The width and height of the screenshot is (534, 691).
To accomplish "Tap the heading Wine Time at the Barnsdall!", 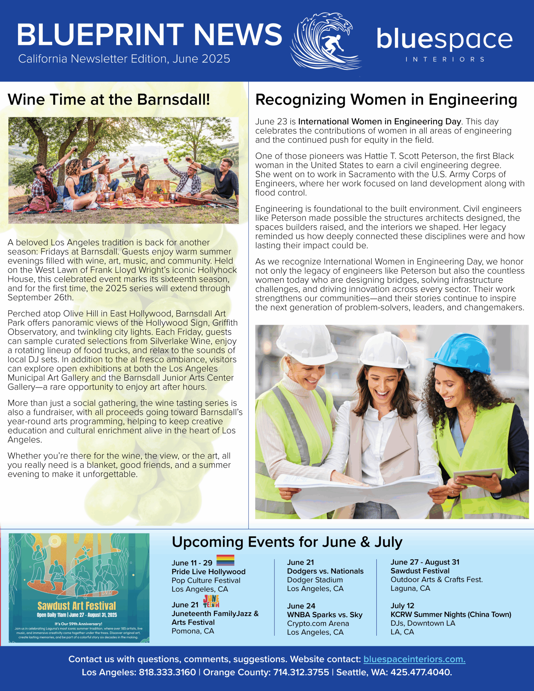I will coord(109,99).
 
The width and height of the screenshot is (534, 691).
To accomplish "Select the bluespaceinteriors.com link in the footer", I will coord(414,659).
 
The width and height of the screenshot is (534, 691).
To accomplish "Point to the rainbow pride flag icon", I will coord(225,560).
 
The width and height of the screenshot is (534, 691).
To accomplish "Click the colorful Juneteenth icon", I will coord(211,601).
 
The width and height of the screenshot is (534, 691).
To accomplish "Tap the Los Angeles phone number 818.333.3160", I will coord(167,672).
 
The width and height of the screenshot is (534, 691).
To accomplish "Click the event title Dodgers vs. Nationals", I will coord(325,571).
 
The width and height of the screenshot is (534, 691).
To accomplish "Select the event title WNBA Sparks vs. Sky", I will coord(325,615).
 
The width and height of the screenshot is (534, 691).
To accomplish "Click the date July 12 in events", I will coord(402,606).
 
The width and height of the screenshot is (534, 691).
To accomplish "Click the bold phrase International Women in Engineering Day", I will coord(379,121).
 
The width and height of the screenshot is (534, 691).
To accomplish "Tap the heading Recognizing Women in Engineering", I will coord(386,100).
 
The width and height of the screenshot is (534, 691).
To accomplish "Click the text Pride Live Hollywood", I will coord(208,572).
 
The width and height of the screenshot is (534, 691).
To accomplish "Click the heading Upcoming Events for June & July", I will coord(287,542).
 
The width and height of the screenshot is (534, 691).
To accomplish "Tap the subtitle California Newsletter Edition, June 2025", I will coord(124,59).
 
